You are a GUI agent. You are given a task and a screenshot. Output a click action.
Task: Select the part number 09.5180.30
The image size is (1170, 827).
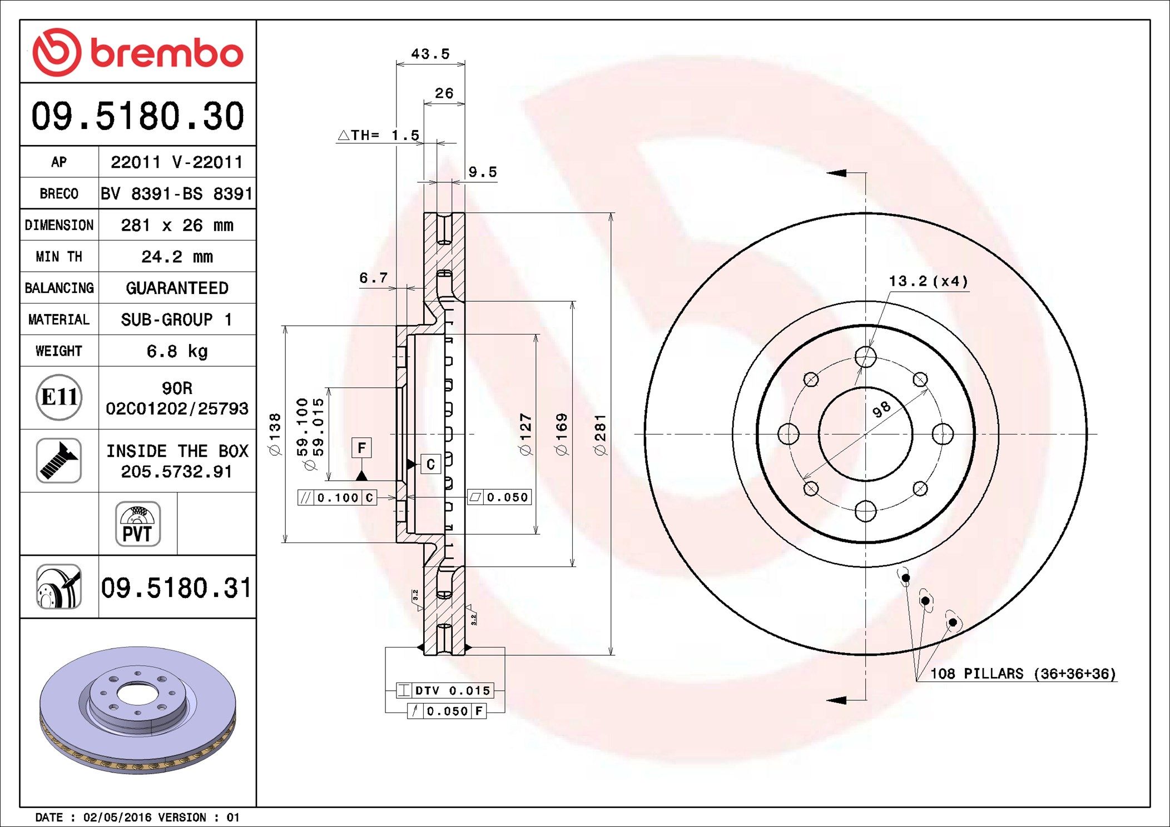tap(137, 116)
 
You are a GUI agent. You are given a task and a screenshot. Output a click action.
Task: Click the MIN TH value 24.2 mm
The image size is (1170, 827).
tap(177, 257)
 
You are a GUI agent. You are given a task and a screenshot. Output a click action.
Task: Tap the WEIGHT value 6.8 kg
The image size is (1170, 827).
tap(177, 351)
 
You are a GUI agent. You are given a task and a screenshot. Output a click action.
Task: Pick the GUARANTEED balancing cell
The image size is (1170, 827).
tap(177, 288)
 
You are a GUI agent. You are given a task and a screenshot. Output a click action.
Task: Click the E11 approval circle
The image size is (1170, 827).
tap(59, 397)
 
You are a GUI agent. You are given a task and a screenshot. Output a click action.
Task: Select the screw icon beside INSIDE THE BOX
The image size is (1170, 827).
tap(59, 460)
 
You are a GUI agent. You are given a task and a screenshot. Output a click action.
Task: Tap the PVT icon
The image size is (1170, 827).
tap(138, 524)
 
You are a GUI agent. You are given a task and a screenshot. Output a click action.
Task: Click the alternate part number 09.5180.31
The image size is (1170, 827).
tap(176, 588)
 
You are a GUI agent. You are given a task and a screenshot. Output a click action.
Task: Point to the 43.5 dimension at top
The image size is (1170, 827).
tap(430, 54)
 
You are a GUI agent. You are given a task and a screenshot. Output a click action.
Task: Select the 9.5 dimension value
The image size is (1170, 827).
tap(482, 172)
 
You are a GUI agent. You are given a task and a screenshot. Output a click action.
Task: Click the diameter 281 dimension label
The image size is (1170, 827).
tap(600, 435)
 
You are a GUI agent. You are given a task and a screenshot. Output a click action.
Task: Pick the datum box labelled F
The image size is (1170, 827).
tap(361, 448)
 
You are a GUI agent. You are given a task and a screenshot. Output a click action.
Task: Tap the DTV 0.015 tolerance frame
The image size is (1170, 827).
tap(445, 690)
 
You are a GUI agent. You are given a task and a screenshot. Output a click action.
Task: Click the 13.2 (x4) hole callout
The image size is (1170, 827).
tap(928, 281)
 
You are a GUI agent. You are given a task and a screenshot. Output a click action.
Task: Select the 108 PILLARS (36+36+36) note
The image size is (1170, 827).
tap(1023, 674)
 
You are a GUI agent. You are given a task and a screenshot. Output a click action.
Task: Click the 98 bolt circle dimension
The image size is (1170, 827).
tap(881, 409)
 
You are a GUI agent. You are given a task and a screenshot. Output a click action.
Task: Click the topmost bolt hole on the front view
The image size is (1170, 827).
tap(865, 357)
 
